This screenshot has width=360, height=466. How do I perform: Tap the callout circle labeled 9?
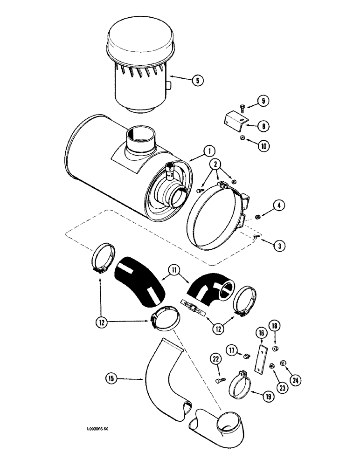point(263,100)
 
